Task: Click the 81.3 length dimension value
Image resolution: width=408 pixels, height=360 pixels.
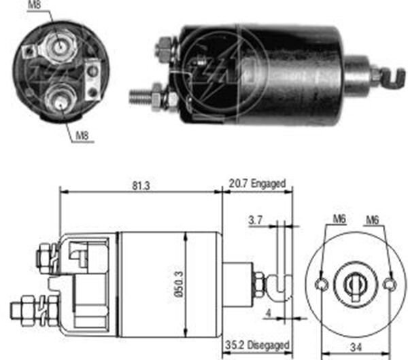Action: tap(141, 183)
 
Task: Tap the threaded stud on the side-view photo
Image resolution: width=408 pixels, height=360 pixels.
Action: tap(139, 96)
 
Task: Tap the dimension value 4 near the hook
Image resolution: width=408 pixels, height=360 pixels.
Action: tap(269, 314)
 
